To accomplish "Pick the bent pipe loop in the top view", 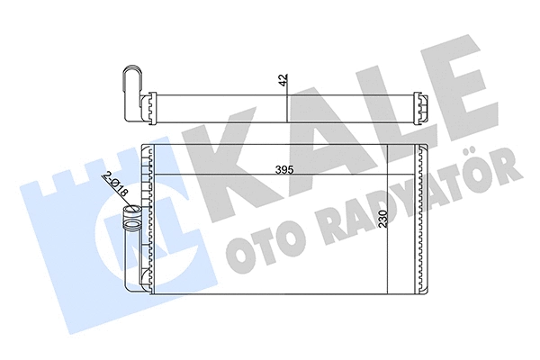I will [132, 82].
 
